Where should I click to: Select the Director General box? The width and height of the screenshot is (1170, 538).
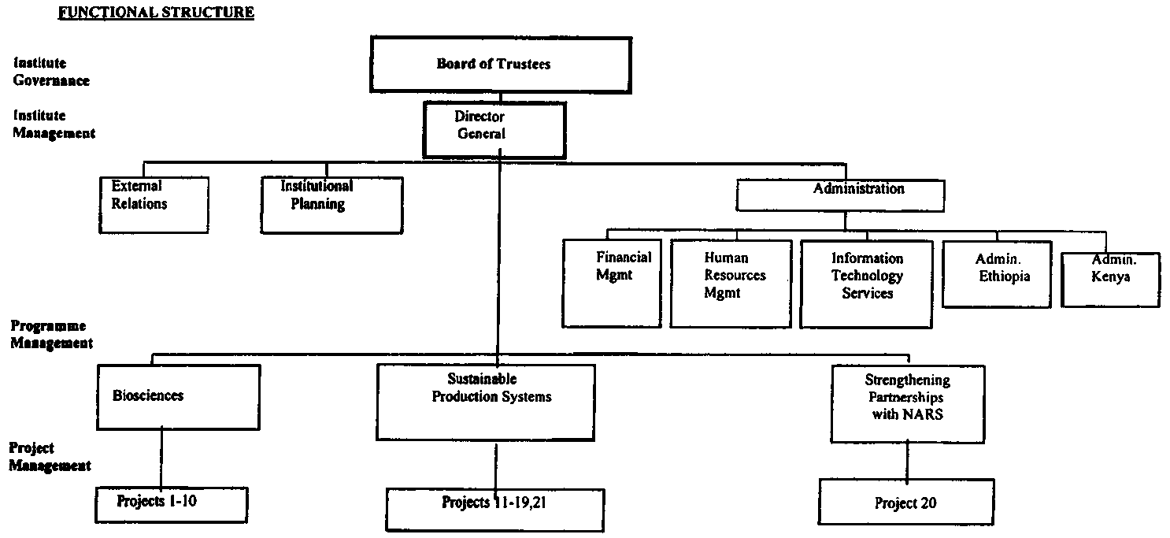[x=494, y=129]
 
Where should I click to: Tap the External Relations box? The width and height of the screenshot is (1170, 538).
[x=154, y=204]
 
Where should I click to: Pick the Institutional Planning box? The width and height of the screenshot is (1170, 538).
[x=331, y=204]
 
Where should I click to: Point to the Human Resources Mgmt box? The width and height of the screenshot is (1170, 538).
[x=730, y=283]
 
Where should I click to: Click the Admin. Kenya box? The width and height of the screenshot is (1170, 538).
[x=1110, y=279]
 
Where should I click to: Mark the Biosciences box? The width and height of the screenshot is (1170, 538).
[x=178, y=396]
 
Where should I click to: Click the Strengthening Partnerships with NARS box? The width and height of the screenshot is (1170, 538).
[x=907, y=403]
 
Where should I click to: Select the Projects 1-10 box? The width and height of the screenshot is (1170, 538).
[x=172, y=505]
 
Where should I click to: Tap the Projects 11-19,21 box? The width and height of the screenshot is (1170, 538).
[x=494, y=509]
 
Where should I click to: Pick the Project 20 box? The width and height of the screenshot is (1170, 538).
[x=905, y=503]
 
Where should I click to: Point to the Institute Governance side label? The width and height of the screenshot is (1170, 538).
[x=51, y=72]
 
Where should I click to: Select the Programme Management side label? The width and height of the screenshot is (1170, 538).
[x=50, y=335]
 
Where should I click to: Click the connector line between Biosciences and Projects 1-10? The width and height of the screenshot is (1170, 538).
[x=161, y=458]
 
